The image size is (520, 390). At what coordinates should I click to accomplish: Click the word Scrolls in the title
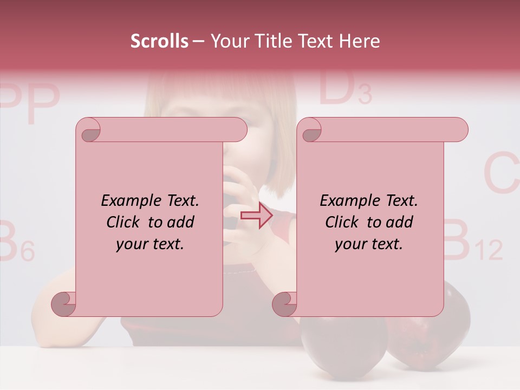159,41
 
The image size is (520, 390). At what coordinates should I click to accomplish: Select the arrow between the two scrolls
257,216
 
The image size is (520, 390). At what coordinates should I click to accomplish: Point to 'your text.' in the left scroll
150,244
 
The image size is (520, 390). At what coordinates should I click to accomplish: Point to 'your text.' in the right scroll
369,244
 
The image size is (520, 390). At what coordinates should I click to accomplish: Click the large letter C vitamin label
501,174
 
